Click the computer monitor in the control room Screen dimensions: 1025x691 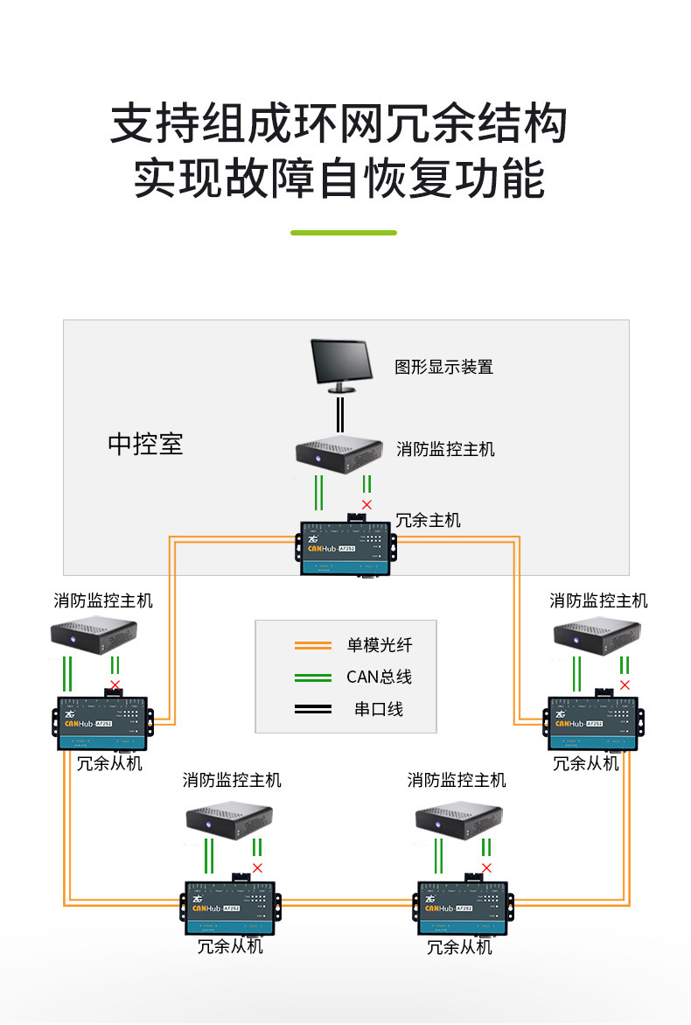point(342,366)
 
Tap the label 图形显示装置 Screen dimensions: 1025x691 point(443,367)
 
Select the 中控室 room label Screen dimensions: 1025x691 point(145,443)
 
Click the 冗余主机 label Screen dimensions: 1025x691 point(428,520)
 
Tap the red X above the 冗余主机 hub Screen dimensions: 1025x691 point(366,505)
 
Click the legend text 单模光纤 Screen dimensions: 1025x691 point(379,646)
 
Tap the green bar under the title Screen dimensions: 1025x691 point(344,233)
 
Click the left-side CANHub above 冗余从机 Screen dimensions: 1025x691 point(103,722)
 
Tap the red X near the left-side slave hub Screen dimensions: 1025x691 point(115,684)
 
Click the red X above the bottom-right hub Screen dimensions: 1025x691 point(486,868)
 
